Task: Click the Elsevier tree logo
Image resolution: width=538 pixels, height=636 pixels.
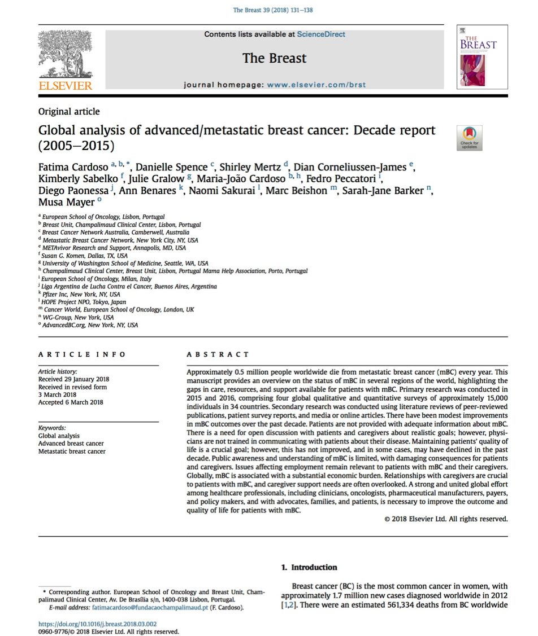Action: coord(64,55)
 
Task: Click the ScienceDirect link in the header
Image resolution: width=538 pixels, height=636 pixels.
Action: coord(320,34)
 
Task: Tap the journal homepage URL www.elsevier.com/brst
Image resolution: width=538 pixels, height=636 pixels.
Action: coord(316,85)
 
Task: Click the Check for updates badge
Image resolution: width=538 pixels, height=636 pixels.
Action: coord(469,138)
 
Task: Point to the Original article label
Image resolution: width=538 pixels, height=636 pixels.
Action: coord(69,112)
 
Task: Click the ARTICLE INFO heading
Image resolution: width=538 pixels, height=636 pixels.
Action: coord(82,354)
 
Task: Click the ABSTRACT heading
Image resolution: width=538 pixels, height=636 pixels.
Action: coord(218,354)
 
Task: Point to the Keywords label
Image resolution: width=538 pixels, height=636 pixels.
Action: coord(52,428)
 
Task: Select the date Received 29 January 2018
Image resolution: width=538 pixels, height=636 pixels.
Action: coord(73,379)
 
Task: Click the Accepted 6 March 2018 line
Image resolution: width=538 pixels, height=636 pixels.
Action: coord(71,402)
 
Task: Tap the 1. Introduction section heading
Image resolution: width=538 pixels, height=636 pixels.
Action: coord(309,567)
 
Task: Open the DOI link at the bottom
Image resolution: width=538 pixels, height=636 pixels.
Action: coord(97,624)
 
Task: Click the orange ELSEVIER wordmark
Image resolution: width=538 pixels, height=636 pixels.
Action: coord(65,86)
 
